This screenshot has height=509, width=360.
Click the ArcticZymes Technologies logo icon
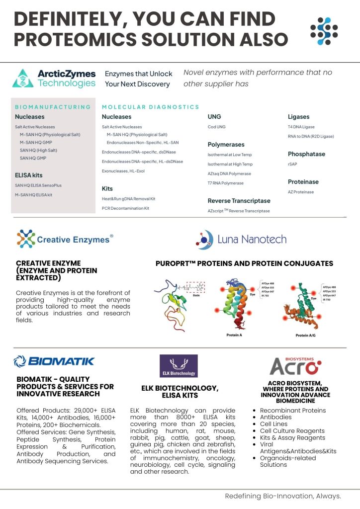pyautogui.click(x=23, y=79)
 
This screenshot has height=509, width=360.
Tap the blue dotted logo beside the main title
pyautogui.click(x=324, y=31)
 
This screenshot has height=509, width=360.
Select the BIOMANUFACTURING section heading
pyautogui.click(x=53, y=107)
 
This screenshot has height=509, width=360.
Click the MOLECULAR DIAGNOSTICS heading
pyautogui.click(x=150, y=107)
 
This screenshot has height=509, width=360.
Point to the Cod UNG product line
pyautogui.click(x=216, y=127)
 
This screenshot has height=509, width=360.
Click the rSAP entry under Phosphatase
pyautogui.click(x=293, y=164)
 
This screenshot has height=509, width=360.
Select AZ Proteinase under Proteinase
pyautogui.click(x=301, y=192)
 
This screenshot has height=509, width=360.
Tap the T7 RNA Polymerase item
pyautogui.click(x=225, y=183)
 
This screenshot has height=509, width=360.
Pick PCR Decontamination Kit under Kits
pyautogui.click(x=125, y=208)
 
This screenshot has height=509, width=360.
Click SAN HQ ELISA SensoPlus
pyautogui.click(x=38, y=185)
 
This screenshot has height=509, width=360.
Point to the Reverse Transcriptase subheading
pyautogui.click(x=239, y=201)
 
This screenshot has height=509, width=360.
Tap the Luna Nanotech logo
pyautogui.click(x=242, y=240)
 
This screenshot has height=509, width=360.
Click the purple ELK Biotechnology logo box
pyautogui.click(x=179, y=366)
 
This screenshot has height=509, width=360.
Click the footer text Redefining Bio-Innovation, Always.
pyautogui.click(x=283, y=496)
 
